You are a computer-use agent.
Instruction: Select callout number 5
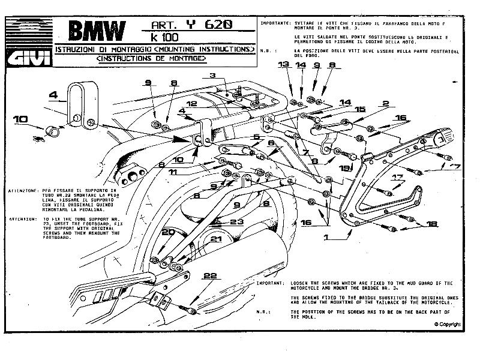256,137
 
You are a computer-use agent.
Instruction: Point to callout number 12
191,104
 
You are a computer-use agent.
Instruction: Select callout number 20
168,232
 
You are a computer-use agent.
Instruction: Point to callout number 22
209,276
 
